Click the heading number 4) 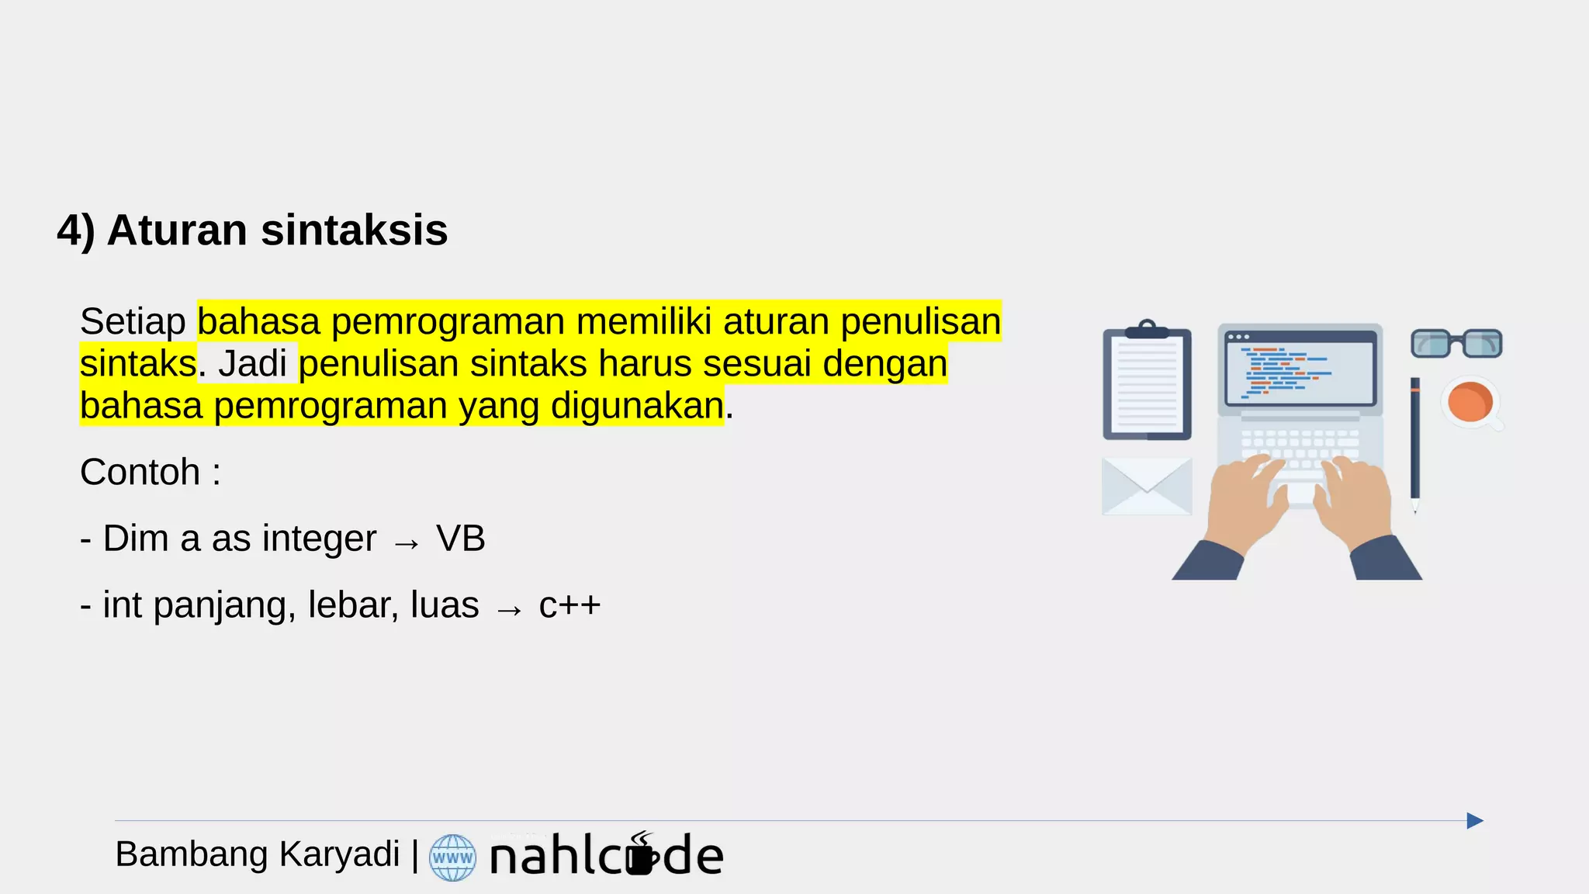pyautogui.click(x=75, y=230)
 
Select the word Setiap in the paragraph pyautogui.click(x=133, y=321)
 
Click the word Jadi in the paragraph pyautogui.click(x=252, y=363)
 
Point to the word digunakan pyautogui.click(x=637, y=405)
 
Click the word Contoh pyautogui.click(x=140, y=472)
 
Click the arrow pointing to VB pyautogui.click(x=406, y=543)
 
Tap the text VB pyautogui.click(x=460, y=539)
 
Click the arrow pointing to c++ pyautogui.click(x=509, y=610)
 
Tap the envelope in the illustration pyautogui.click(x=1146, y=486)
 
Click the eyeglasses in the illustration pyautogui.click(x=1456, y=343)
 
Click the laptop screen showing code pyautogui.click(x=1300, y=368)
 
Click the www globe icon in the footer pyautogui.click(x=452, y=858)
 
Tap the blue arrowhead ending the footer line pyautogui.click(x=1474, y=821)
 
